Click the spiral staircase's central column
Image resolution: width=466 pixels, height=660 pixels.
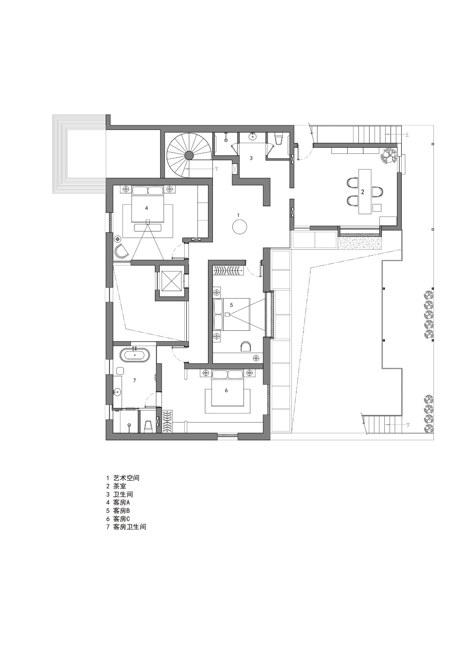coord(189,155)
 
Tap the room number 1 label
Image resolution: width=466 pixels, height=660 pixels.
coord(238,215)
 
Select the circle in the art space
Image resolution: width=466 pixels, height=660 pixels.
coord(239,226)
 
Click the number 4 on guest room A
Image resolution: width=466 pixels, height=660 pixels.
coord(146,208)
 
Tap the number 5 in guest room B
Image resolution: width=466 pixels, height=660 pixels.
coord(231,305)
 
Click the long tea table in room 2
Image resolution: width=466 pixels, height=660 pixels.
coord(365,191)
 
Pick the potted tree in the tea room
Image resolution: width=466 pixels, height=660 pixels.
coord(388,156)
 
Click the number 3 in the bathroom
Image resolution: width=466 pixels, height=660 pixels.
coord(251,158)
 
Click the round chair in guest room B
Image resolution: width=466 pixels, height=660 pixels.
coord(246,346)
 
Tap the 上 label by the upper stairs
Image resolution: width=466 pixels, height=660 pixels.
coord(407,134)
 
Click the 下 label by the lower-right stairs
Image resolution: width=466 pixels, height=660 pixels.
coord(408,424)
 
